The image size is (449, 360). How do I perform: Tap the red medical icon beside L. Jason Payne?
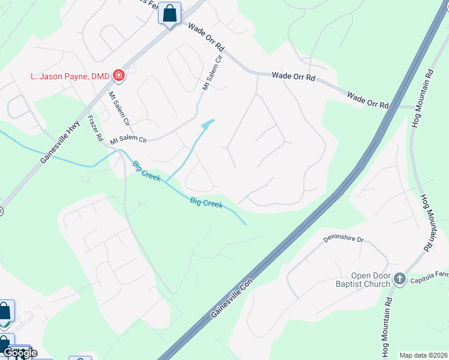119,76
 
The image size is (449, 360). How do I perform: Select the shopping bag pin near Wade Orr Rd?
170,13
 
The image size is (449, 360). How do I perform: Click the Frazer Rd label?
95,128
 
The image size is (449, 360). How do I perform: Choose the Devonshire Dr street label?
344,239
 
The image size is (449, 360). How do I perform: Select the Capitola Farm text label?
430,275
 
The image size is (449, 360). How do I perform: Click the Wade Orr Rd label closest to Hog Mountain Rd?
367,100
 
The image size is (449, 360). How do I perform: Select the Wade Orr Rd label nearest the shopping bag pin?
205,37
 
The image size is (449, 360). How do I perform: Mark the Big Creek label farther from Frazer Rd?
206,203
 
